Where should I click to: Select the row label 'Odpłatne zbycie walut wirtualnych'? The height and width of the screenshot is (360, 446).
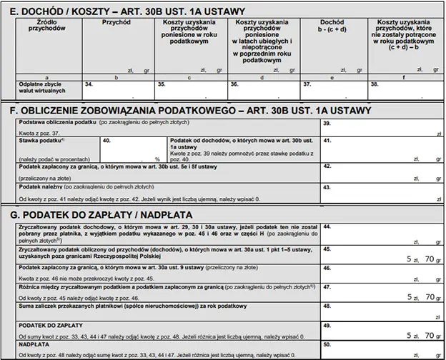click(43, 88)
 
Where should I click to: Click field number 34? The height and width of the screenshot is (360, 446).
click(118, 89)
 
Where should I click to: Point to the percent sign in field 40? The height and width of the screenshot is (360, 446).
click(157, 159)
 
